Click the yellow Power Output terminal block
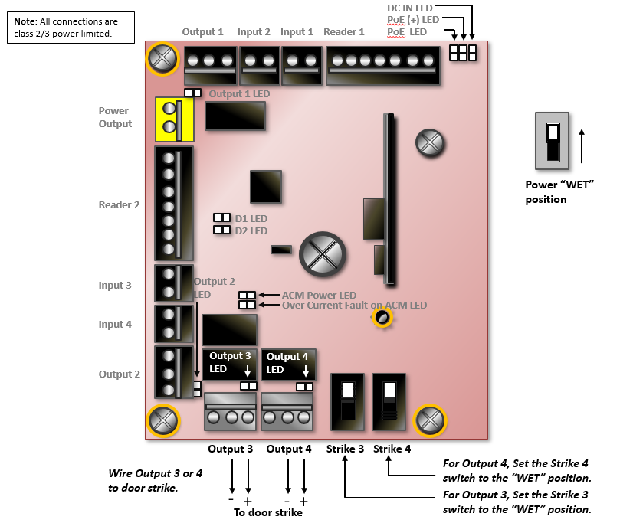click(x=174, y=119)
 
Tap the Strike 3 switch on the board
click(x=347, y=401)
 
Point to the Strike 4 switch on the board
click(x=389, y=401)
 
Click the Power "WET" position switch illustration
click(x=553, y=141)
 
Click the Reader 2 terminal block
click(x=173, y=203)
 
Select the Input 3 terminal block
click(x=173, y=283)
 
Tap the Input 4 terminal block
click(x=173, y=323)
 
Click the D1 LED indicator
click(x=221, y=218)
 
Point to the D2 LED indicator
click(x=221, y=230)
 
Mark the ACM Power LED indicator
click(x=247, y=295)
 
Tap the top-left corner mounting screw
click(x=162, y=59)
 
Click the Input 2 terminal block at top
click(x=259, y=65)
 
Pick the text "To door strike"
click(x=267, y=513)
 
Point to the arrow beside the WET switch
click(x=582, y=145)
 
